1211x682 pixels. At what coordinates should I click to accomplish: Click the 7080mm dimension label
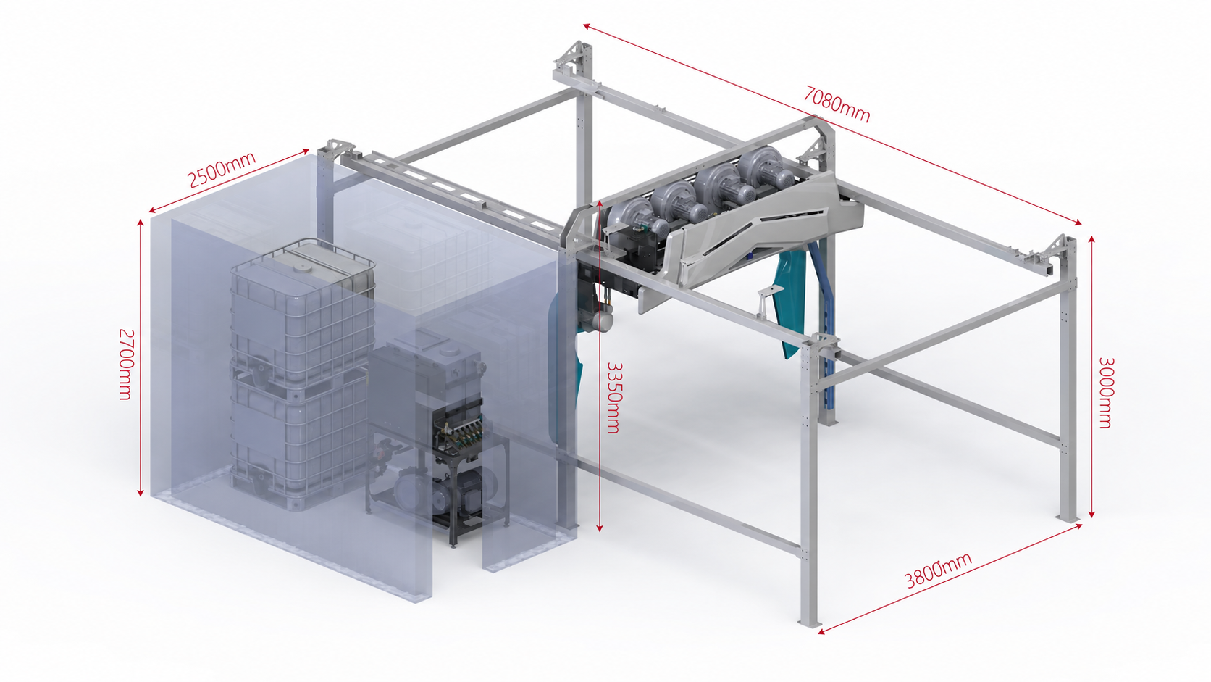[837, 104]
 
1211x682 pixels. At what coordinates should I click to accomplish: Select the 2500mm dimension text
[221, 170]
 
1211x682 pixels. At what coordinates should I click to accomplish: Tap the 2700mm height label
[125, 364]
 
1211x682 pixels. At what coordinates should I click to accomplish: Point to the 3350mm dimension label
[615, 397]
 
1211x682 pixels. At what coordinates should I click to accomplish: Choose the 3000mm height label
[1105, 393]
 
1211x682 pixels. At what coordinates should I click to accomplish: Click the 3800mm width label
[938, 570]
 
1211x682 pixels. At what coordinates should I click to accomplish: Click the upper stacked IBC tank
[302, 308]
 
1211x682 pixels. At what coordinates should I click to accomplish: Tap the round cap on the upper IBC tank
[300, 265]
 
